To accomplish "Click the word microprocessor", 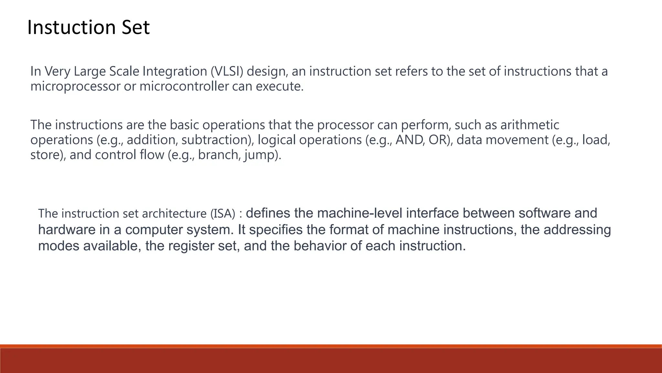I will coord(75,86).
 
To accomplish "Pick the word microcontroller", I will coord(184,86).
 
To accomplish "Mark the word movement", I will coord(517,140).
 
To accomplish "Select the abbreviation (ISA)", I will coord(223,214).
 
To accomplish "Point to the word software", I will coord(545,213).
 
